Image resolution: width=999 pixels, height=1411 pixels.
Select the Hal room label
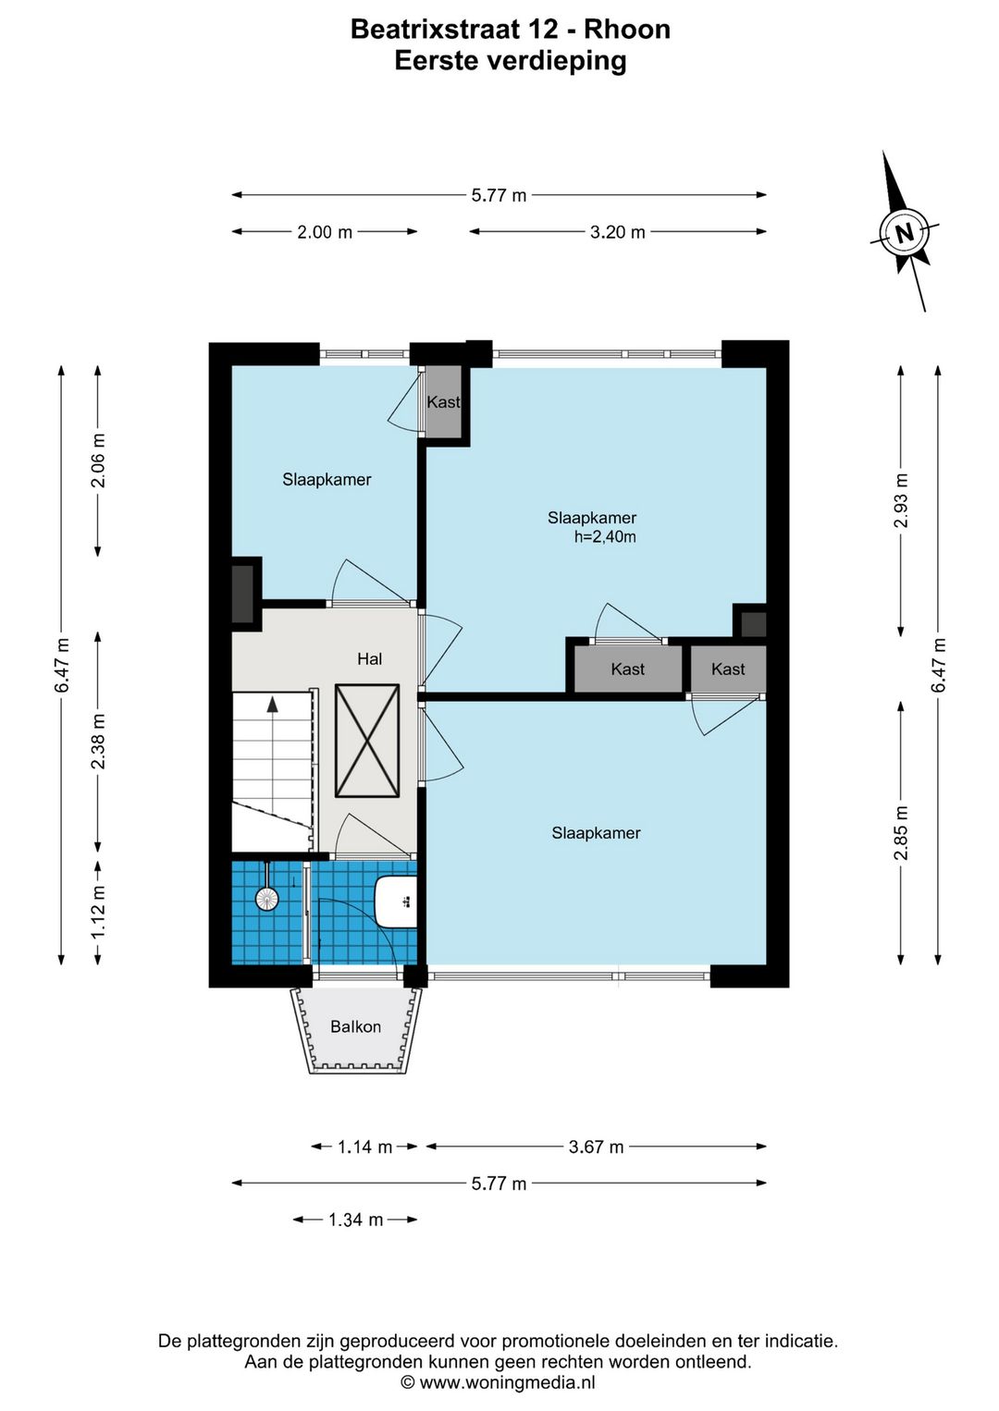[369, 659]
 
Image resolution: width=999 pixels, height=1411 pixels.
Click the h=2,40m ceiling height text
[604, 536]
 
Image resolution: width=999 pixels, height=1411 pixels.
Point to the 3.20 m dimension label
[617, 232]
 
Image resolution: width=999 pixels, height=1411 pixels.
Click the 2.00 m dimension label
[325, 232]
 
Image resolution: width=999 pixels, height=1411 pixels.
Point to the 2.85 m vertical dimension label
[901, 832]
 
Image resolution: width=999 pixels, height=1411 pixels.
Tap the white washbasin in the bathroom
[396, 902]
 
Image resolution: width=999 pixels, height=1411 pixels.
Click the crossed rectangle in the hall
[367, 741]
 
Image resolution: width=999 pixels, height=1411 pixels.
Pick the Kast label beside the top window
[443, 402]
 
